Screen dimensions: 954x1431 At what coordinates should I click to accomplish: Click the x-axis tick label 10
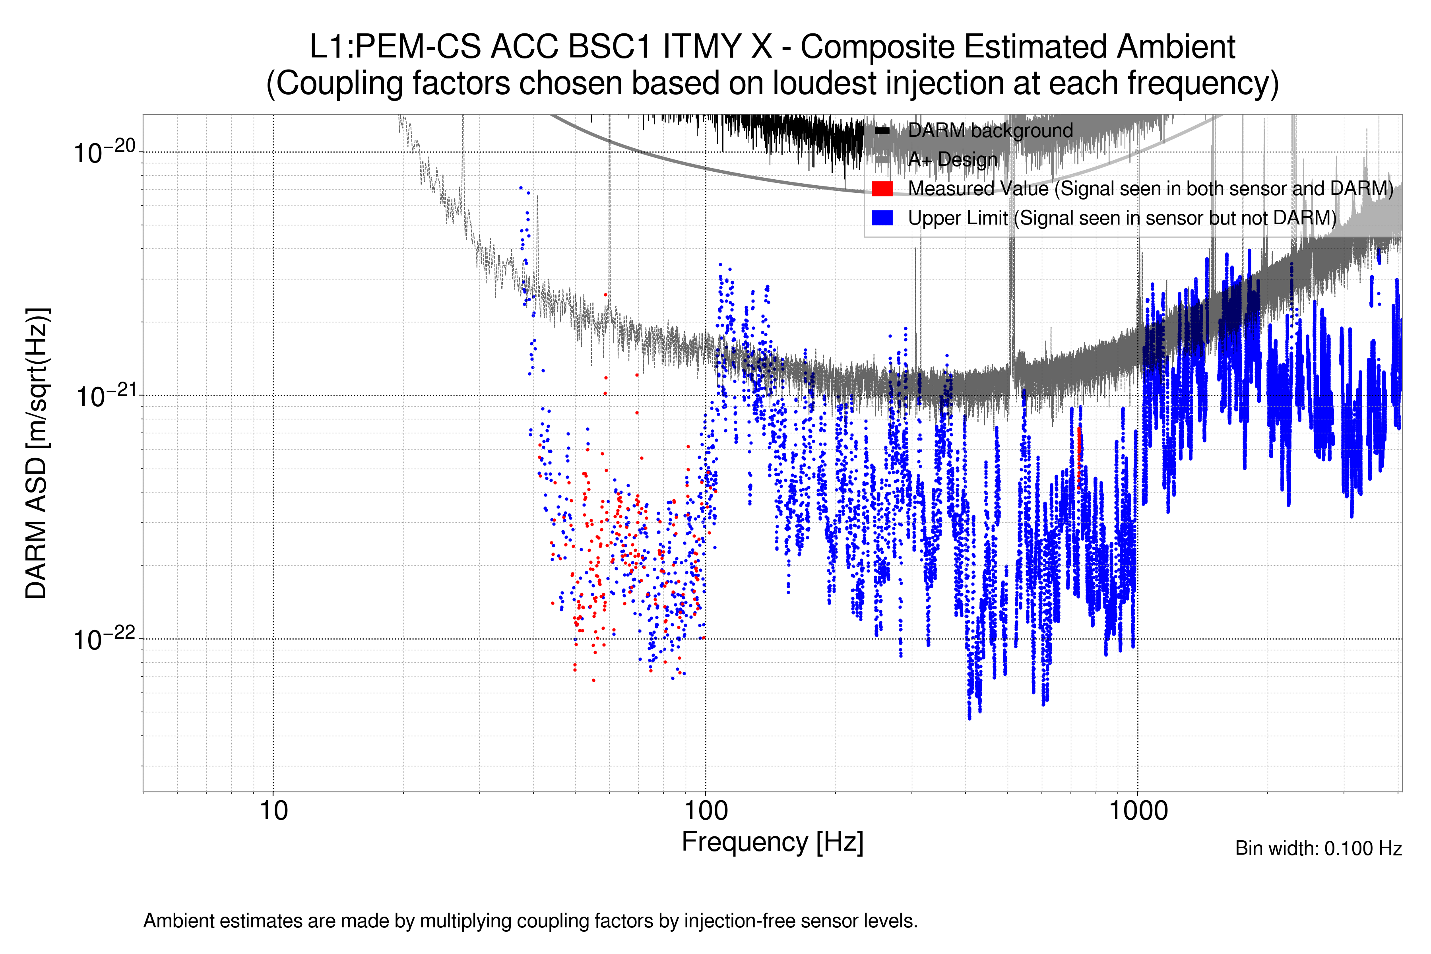click(x=273, y=811)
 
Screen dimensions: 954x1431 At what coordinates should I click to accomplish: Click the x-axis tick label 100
click(x=706, y=811)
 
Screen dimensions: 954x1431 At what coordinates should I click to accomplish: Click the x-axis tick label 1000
click(x=1138, y=811)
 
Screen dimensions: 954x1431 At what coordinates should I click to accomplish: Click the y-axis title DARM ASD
click(x=37, y=453)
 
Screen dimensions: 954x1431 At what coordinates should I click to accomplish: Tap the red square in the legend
click(x=882, y=188)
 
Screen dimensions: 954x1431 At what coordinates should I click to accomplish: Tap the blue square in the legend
click(x=882, y=218)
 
